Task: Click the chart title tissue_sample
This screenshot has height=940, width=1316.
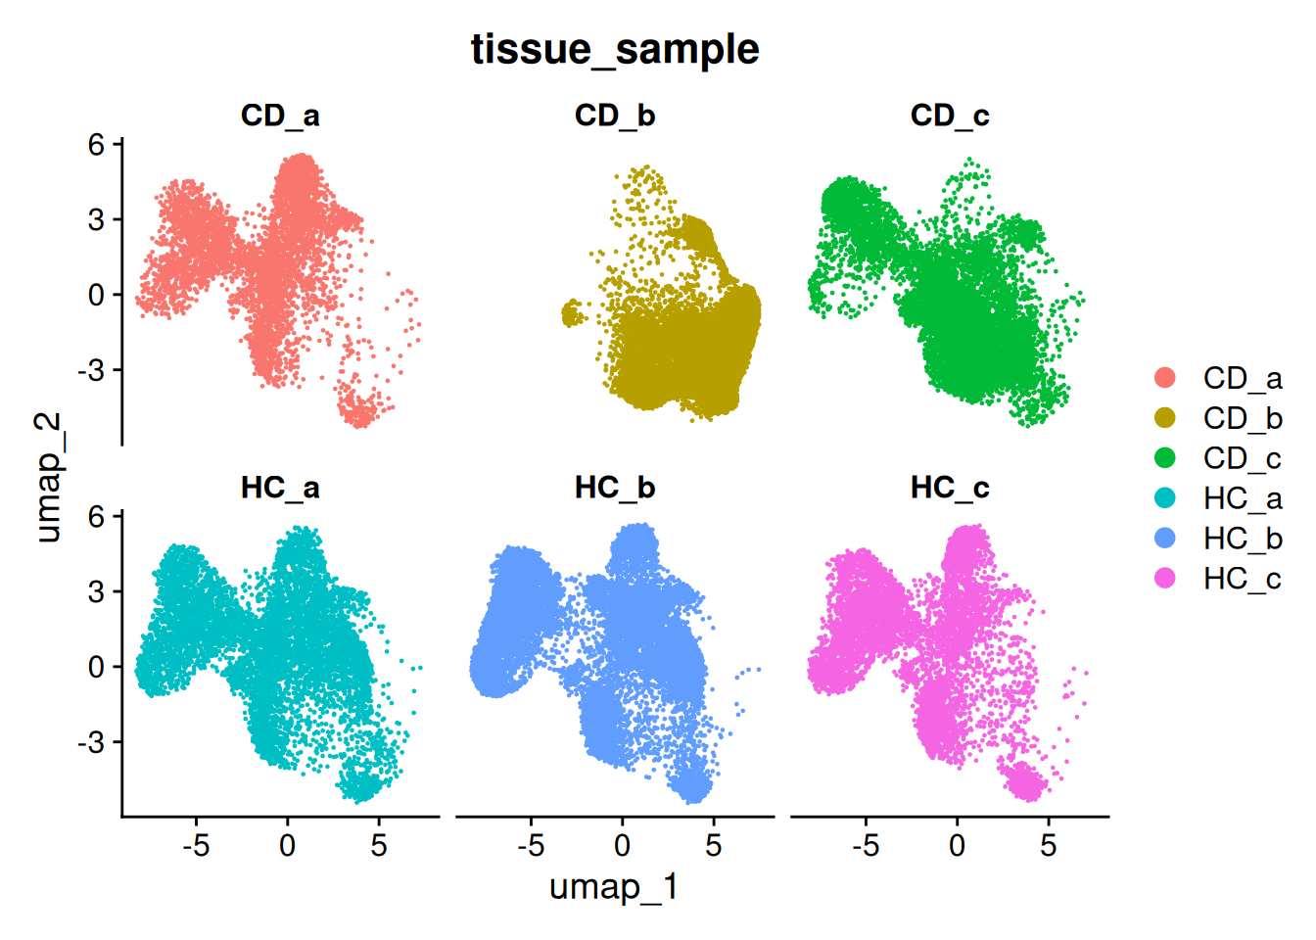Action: coord(615,49)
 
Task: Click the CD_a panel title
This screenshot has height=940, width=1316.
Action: coord(280,116)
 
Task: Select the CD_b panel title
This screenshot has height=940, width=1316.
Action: coord(615,116)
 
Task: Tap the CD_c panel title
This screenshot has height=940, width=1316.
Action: coord(950,116)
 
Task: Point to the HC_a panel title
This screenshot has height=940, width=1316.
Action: coord(280,488)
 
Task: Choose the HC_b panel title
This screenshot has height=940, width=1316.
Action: coord(615,488)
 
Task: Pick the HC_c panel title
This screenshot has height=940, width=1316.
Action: coord(950,488)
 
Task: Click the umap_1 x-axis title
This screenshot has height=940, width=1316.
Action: coord(614,887)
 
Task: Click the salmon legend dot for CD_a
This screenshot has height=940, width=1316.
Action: coord(1165,378)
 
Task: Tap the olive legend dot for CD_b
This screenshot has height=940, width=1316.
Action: coord(1165,418)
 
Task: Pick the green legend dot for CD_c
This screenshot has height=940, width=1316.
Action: coord(1165,458)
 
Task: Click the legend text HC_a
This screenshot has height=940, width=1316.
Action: coord(1243,498)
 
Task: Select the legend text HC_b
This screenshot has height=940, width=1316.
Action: coord(1243,539)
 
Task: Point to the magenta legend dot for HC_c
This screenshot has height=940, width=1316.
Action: coord(1165,579)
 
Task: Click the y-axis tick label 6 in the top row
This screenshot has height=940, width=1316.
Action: coord(96,145)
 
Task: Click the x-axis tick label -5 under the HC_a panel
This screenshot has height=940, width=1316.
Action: coord(196,846)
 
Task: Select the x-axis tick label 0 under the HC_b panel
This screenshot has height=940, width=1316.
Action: coord(623,846)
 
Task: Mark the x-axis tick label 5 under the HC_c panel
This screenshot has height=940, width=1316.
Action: coord(1049,846)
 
